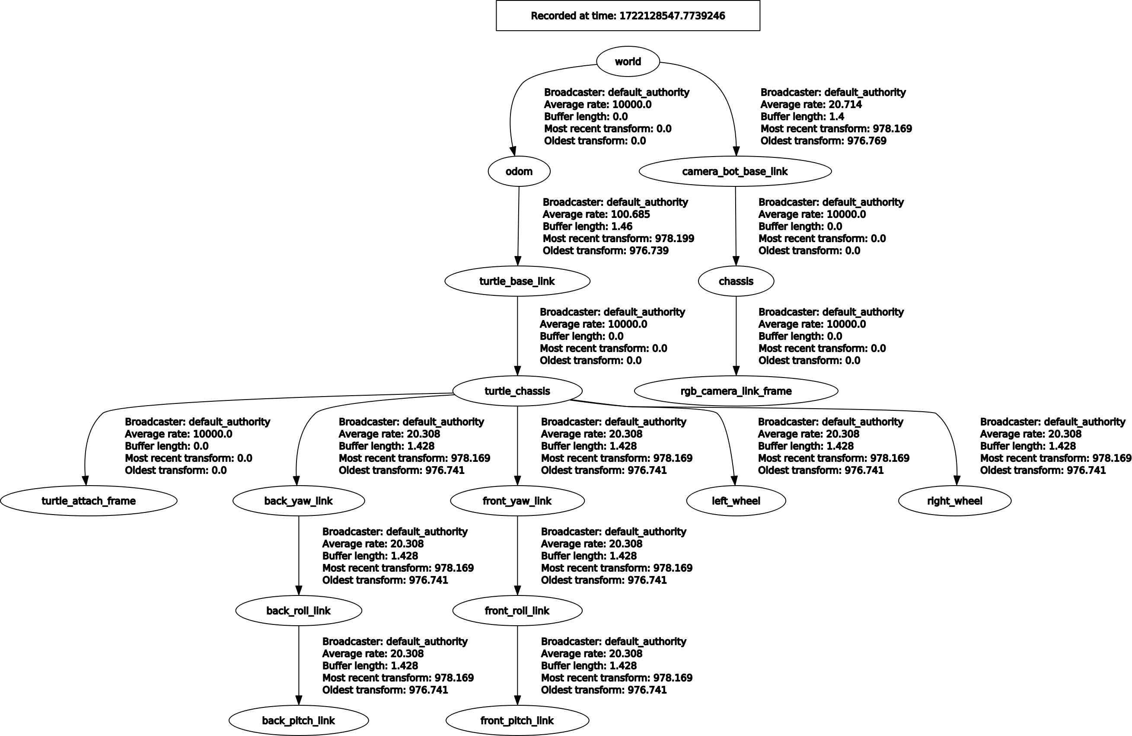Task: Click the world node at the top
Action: [x=628, y=61]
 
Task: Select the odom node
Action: [x=519, y=171]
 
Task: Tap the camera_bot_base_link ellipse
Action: [x=735, y=171]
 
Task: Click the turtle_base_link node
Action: [x=517, y=281]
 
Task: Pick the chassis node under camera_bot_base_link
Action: [x=736, y=281]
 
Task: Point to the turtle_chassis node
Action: [x=517, y=391]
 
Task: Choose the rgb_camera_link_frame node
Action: [x=736, y=391]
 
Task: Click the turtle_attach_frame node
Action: [x=89, y=501]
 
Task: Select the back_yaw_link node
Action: [x=298, y=501]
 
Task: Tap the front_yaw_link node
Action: [x=517, y=501]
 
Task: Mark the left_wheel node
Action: [x=736, y=501]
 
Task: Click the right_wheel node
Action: [x=955, y=501]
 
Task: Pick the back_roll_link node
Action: [x=298, y=611]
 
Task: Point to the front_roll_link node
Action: [x=517, y=611]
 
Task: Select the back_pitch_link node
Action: [x=298, y=721]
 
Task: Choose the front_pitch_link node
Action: [x=517, y=721]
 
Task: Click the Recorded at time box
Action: [x=628, y=16]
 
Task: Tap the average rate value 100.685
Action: [x=630, y=214]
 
